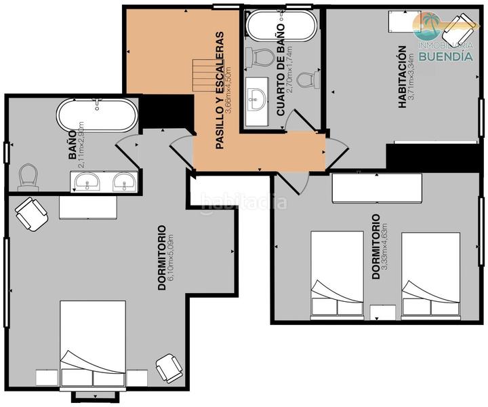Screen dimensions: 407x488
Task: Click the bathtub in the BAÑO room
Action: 97,117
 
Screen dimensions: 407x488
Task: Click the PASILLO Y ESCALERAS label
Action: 220,90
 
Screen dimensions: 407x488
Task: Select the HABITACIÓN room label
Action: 402,76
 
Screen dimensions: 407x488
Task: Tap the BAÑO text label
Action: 73,149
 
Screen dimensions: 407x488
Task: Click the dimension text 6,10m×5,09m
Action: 171,258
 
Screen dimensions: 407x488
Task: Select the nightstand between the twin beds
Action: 384,312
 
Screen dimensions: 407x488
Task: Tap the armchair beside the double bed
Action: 168,368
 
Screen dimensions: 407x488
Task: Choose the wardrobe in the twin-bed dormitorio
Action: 377,188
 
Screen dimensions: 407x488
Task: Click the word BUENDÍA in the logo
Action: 445,56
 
